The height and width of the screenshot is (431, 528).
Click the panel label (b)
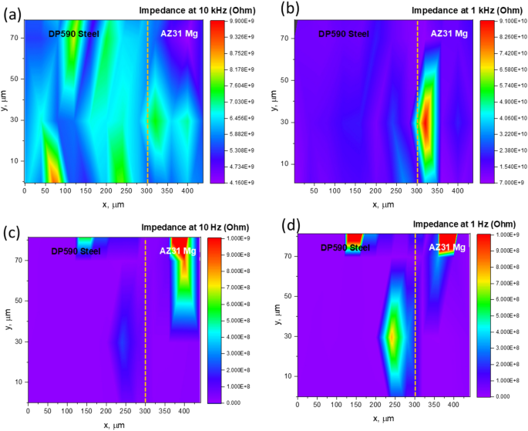tap(281, 9)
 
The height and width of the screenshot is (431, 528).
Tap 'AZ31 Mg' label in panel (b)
tap(449, 34)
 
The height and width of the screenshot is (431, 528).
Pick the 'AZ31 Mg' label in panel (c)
tap(178, 251)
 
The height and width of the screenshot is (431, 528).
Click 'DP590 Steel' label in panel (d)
tap(345, 247)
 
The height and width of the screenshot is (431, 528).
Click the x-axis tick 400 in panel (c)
tap(184, 412)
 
